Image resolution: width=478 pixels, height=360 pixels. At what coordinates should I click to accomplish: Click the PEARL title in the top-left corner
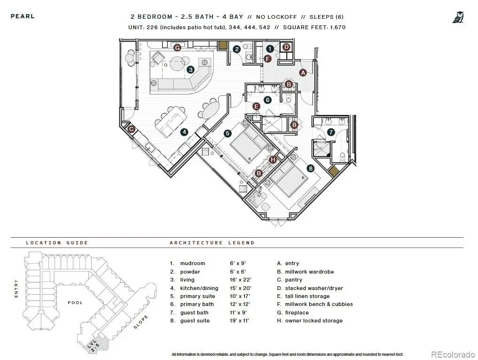tap(23, 16)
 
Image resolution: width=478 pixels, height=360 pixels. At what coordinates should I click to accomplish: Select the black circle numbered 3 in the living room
tap(190, 70)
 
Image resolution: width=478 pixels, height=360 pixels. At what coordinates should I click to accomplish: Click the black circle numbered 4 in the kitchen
tap(184, 132)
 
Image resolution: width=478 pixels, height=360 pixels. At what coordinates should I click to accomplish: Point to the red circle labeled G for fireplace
tap(177, 47)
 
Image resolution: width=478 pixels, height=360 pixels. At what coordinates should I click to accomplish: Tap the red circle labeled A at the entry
tap(303, 72)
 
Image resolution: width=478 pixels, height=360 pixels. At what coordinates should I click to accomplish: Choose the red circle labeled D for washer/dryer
tap(286, 47)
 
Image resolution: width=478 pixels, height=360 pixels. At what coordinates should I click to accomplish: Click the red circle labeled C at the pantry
tap(132, 129)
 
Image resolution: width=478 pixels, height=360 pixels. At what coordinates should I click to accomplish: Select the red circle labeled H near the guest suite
tap(273, 159)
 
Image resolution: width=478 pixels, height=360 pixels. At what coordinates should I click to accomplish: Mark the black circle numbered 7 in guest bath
tap(331, 132)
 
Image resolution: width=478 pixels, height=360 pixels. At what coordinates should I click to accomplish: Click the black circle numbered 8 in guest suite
tap(310, 168)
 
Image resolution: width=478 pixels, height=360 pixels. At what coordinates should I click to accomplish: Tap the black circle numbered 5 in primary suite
tap(227, 133)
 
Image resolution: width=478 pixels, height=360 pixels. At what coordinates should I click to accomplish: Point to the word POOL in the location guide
tap(75, 303)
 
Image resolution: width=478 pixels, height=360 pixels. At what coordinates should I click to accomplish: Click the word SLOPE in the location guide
tap(141, 321)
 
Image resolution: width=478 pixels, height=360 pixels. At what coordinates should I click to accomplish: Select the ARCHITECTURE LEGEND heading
tap(212, 243)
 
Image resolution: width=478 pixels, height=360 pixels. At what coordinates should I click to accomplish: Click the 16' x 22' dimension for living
tap(238, 280)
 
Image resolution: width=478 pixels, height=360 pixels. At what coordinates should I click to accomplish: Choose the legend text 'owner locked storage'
tap(313, 321)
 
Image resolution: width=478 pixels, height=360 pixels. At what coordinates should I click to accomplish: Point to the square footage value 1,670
tap(337, 27)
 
